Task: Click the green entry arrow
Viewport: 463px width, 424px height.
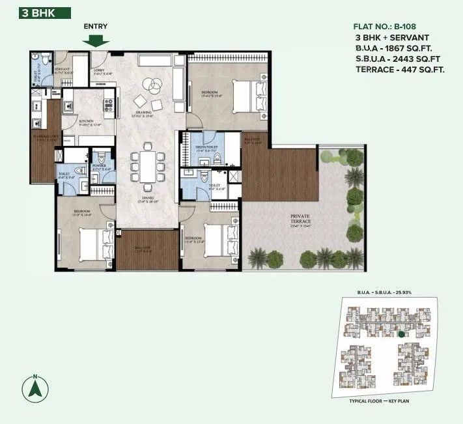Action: tap(96, 40)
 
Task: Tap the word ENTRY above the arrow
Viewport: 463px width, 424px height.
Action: tap(96, 26)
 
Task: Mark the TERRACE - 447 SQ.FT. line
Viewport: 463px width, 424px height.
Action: tap(400, 70)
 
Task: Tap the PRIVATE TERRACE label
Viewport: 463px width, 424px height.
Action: tap(301, 221)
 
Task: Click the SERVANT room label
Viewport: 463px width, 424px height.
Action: tap(63, 69)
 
